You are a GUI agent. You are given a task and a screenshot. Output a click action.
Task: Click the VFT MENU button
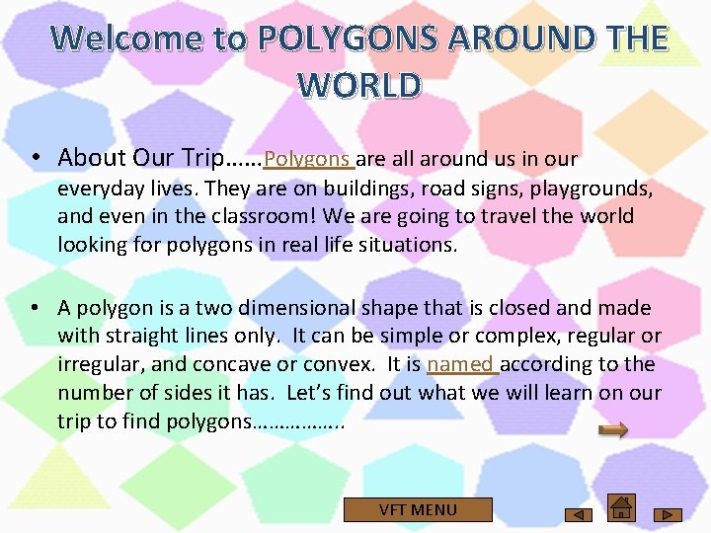tap(418, 509)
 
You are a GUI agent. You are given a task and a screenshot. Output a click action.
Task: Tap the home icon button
tap(621, 507)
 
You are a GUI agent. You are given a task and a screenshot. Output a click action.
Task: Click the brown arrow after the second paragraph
tap(614, 429)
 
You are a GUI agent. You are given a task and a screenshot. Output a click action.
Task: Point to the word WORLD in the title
tap(359, 86)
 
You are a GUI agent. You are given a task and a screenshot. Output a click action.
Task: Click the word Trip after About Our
tap(204, 158)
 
